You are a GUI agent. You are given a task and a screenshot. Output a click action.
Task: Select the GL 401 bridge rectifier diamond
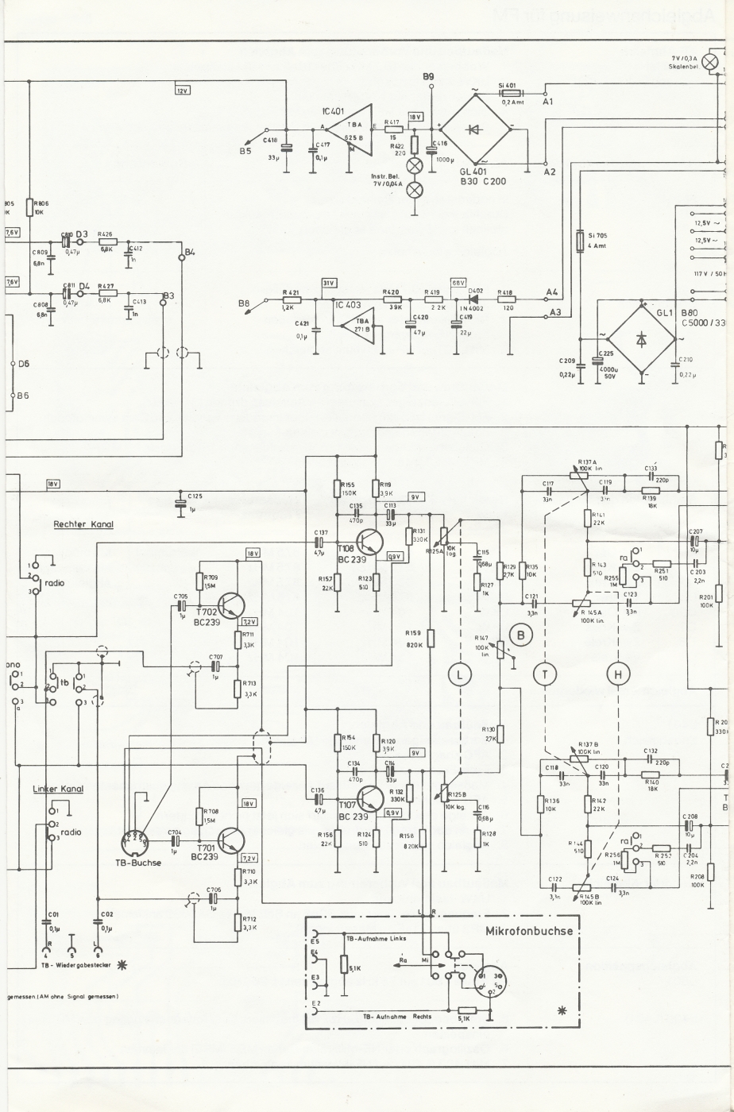tap(476, 128)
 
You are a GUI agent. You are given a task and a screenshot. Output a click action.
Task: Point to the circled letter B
tap(521, 634)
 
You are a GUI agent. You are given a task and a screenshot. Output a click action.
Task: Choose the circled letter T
tap(545, 674)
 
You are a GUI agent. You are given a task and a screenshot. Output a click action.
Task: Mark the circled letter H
tap(618, 674)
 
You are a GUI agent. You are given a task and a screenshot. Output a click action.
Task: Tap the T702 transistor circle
tap(228, 605)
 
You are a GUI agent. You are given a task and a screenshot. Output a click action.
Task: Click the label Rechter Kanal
tap(83, 524)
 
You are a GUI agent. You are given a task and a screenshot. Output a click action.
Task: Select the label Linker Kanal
tap(58, 789)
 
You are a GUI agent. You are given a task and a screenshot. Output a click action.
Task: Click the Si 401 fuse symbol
tap(506, 92)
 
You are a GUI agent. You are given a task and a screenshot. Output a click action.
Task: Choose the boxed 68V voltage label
tap(458, 284)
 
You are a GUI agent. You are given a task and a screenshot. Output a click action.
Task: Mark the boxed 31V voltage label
tap(329, 284)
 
